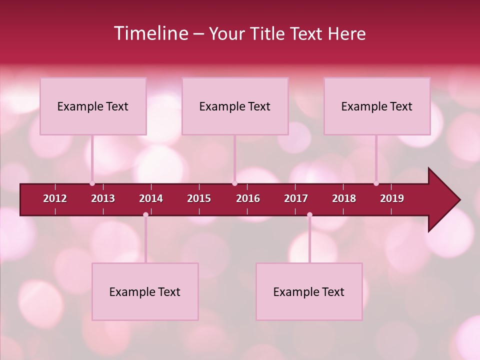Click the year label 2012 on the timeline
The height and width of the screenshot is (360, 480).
tap(55, 198)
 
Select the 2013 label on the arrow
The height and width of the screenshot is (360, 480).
tap(103, 198)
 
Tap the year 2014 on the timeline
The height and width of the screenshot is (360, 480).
tap(151, 198)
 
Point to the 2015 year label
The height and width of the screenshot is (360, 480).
tap(199, 198)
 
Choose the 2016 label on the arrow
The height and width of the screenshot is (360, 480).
tap(248, 198)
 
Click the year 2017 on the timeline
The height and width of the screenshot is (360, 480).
tap(296, 198)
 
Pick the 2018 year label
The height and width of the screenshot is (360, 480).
tap(344, 198)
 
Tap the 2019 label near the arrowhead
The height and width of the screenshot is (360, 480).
tap(392, 198)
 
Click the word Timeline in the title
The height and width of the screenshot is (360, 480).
tap(150, 33)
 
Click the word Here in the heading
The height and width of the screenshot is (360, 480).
tap(346, 34)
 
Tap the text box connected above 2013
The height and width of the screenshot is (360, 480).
tap(93, 106)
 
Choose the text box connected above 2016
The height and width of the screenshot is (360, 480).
tap(235, 106)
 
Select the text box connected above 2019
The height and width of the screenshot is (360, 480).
tap(377, 106)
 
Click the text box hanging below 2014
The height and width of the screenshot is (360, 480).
tap(145, 291)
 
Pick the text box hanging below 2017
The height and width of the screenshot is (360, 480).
tap(309, 291)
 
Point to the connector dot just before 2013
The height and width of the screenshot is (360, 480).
tap(92, 183)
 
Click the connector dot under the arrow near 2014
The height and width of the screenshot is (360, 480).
tap(145, 215)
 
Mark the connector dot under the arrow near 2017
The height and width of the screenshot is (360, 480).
tap(309, 215)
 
